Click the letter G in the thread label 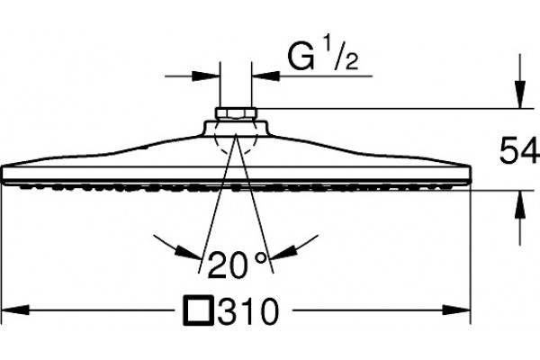(x=301, y=58)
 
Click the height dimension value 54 (x=518, y=150)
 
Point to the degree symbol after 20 (x=261, y=257)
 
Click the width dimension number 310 (x=247, y=311)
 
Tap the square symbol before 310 (x=198, y=310)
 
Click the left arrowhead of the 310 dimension (x=15, y=310)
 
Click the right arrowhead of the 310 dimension (x=456, y=310)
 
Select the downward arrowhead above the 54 (x=520, y=94)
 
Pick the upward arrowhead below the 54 (x=520, y=204)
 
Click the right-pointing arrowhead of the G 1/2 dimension (x=206, y=76)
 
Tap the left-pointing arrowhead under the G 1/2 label (x=265, y=76)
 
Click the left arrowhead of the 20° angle (x=188, y=252)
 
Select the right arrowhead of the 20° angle (x=283, y=252)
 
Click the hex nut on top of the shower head (x=236, y=113)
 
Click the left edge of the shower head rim (x=3, y=174)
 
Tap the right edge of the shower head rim (x=470, y=174)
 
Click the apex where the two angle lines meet (x=236, y=134)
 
